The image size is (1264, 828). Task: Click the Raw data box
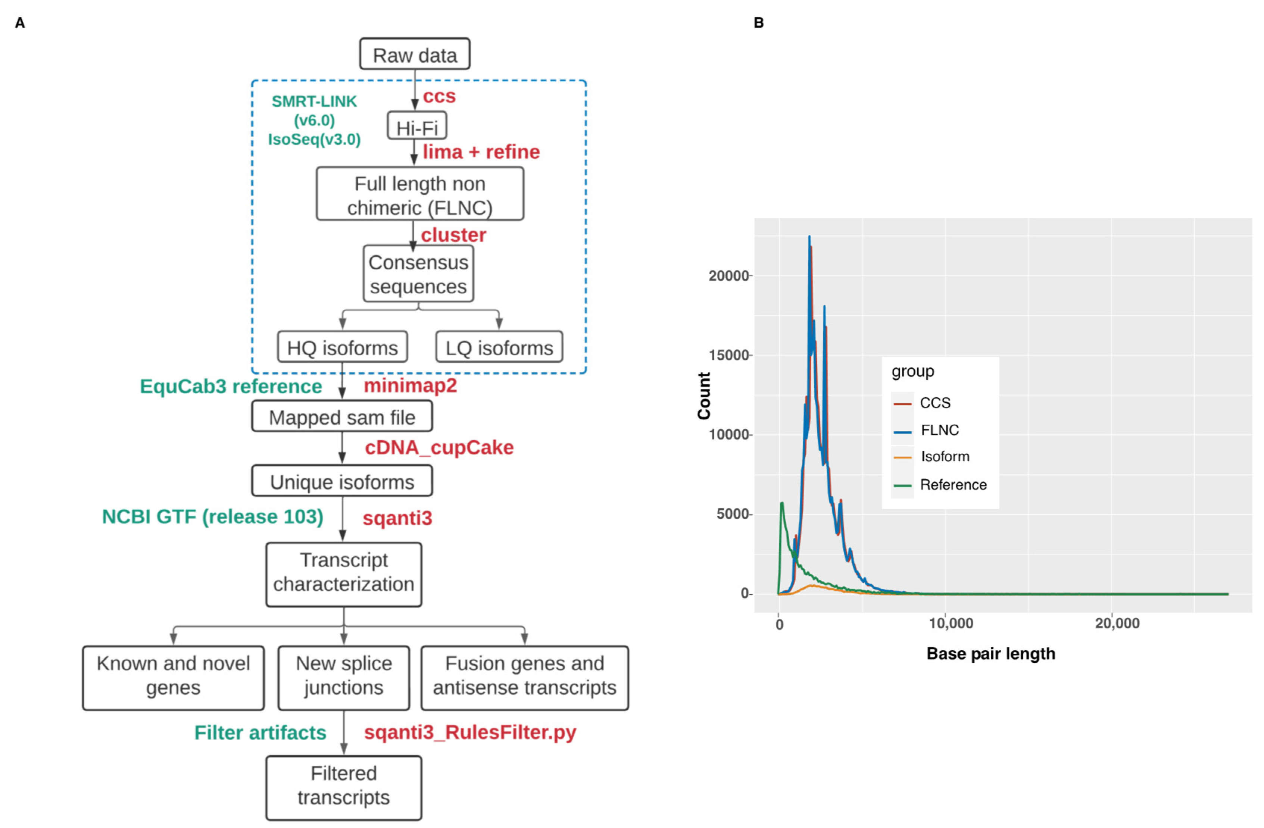pos(414,54)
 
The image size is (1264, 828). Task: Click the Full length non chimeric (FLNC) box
pos(419,194)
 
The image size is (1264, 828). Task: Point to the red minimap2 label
pos(410,385)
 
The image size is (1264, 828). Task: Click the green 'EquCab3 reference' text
pos(231,386)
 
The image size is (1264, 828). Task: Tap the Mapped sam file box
pos(342,417)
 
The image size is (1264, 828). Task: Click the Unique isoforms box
pos(342,481)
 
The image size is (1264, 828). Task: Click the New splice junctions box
pos(344,676)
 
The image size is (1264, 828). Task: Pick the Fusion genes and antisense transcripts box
pos(524,676)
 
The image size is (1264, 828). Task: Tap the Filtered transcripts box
pos(344,786)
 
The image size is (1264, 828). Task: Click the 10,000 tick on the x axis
pos(951,623)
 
